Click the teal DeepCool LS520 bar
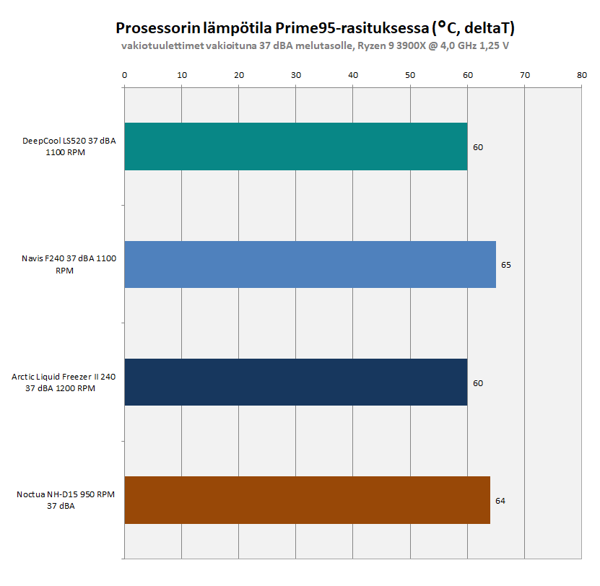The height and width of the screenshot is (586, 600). coord(296,146)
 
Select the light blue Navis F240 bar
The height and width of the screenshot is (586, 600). coord(310,265)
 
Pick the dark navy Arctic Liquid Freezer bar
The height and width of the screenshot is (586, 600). coord(296,382)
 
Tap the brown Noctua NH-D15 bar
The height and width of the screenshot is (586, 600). coord(307,500)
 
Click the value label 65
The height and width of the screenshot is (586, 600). coord(506,265)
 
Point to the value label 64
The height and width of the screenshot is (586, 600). coord(500,500)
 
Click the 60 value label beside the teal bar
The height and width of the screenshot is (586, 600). coord(478,147)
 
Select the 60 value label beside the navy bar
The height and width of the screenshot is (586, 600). coord(478,382)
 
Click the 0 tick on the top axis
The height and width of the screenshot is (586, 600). coord(125,74)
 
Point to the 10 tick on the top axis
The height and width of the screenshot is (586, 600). coord(182,74)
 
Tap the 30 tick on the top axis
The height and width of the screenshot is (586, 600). coord(296,74)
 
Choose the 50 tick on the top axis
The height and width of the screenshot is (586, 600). coord(410,74)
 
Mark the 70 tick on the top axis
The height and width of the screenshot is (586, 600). coord(525,74)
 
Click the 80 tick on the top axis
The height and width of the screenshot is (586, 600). coord(582,74)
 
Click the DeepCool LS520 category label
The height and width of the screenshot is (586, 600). coord(69,146)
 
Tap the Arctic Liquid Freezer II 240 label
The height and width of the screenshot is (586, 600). coord(64,382)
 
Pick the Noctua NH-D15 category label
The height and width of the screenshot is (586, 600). coord(66,500)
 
